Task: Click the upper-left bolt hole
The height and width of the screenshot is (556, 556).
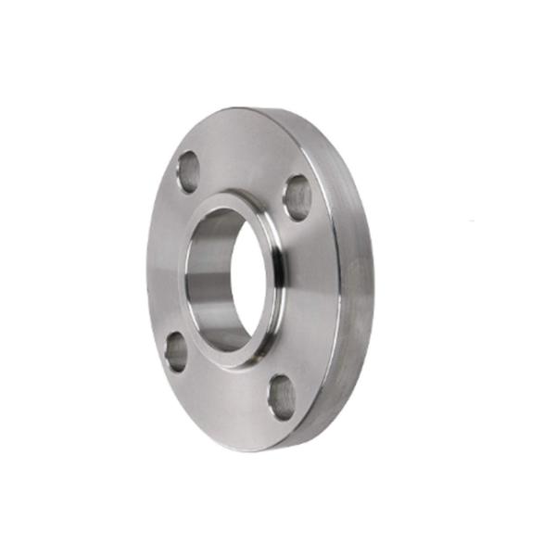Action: [x=187, y=171]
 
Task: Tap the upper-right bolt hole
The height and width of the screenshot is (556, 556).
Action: [x=297, y=197]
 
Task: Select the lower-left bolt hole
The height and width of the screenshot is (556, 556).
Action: [x=175, y=351]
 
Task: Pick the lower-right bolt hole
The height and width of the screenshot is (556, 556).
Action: [x=282, y=397]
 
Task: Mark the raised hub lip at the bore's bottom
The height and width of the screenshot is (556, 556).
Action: [x=225, y=357]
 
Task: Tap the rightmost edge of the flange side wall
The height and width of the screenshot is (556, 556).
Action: [x=373, y=278]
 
